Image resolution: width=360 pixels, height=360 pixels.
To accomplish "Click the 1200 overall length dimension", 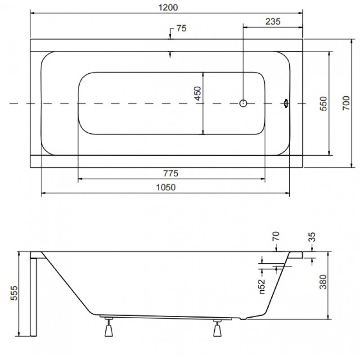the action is (168, 8).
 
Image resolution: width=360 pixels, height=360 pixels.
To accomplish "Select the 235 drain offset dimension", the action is (273, 22).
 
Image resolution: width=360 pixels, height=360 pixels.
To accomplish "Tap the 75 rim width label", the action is (181, 28).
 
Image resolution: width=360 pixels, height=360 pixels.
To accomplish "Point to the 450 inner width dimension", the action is (198, 94).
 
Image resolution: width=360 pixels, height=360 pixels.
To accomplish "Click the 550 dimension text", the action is (323, 103).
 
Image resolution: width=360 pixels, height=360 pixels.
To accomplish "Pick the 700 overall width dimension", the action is (346, 103).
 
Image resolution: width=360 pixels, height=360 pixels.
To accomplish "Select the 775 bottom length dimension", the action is (171, 173).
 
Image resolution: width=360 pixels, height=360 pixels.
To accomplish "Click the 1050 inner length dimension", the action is (166, 188).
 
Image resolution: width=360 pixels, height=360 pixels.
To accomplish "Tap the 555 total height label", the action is (14, 293).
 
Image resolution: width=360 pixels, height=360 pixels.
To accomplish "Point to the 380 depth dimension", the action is (323, 282).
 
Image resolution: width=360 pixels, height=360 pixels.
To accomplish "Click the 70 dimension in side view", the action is (276, 236).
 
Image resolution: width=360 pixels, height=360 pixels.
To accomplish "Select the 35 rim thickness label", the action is (312, 237).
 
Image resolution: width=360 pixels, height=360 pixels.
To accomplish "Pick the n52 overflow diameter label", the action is (262, 287).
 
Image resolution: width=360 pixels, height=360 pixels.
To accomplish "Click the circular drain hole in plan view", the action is (243, 103).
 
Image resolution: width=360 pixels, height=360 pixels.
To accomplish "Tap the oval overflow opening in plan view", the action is (286, 103).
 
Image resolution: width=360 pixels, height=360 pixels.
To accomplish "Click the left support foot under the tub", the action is (108, 327).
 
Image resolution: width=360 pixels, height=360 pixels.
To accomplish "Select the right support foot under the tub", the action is (217, 328).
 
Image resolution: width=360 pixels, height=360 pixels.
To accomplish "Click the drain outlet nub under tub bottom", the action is (243, 319).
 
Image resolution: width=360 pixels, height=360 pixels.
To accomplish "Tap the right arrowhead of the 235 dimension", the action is (300, 27).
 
